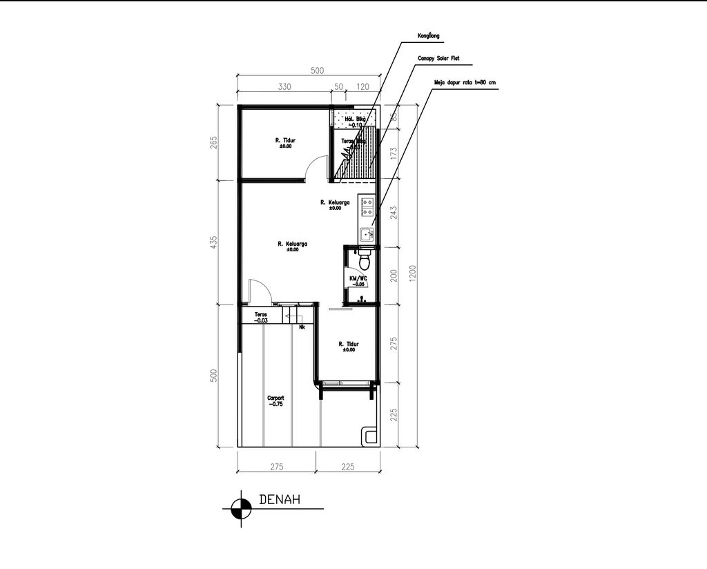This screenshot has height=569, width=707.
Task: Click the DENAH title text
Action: [279, 500]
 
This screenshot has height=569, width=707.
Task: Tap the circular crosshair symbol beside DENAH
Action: [240, 508]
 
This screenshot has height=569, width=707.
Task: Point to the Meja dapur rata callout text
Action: [464, 82]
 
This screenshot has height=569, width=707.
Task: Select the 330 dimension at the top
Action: [284, 87]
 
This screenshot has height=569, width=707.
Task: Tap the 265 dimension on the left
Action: [214, 142]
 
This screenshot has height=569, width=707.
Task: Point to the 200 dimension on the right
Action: [394, 275]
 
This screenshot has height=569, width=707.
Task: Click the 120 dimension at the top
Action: [363, 87]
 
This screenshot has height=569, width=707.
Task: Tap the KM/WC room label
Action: [358, 280]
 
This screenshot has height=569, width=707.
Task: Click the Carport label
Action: [275, 401]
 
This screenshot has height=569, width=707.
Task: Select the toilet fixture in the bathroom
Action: [365, 261]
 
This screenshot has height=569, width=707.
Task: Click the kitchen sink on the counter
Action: [366, 234]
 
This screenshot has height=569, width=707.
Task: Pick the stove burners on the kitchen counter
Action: [366, 207]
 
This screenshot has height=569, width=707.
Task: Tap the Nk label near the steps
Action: [302, 327]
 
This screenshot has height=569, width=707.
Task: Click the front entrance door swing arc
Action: [260, 289]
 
